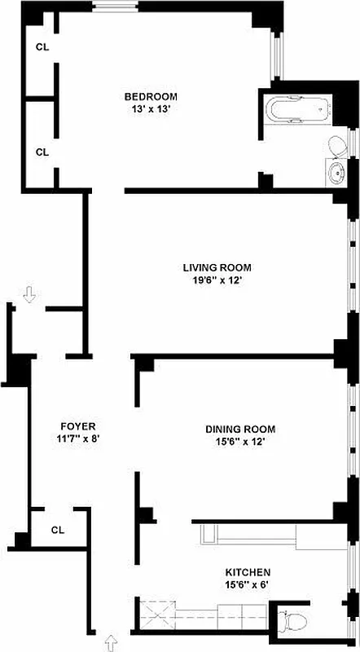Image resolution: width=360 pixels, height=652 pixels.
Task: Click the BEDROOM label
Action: [x=151, y=96]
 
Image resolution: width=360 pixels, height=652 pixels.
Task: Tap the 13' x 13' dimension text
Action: [x=151, y=109]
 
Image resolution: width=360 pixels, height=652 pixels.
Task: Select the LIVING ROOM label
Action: [x=216, y=267]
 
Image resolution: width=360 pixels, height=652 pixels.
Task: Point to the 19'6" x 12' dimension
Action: [x=216, y=280]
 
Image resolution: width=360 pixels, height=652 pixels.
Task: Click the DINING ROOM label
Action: [x=239, y=429]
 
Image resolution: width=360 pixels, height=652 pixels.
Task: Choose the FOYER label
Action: [x=78, y=426]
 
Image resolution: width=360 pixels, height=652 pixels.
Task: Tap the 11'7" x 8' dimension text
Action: [x=78, y=438]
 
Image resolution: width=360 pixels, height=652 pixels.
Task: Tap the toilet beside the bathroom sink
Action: [x=338, y=146]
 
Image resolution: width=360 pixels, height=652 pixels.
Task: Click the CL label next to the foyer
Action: [x=57, y=530]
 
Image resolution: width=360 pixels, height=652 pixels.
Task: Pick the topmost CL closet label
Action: [x=42, y=47]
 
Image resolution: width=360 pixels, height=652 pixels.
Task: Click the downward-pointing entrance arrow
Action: [x=30, y=294]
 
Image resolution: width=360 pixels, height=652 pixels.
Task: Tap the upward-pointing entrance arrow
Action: [x=111, y=645]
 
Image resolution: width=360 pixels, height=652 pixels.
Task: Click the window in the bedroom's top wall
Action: [x=114, y=9]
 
